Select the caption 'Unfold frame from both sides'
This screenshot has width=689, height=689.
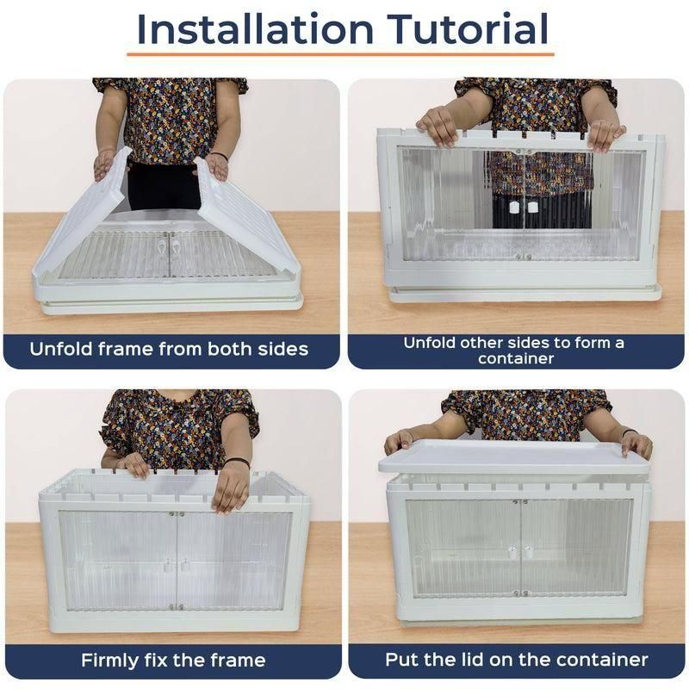169,350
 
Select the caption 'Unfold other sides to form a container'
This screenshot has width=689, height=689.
515,350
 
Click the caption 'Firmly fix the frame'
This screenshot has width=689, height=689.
173,661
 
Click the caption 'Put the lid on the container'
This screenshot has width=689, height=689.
516,661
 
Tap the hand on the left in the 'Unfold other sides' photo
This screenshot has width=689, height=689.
438,127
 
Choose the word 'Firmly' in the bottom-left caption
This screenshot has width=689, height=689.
113,661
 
